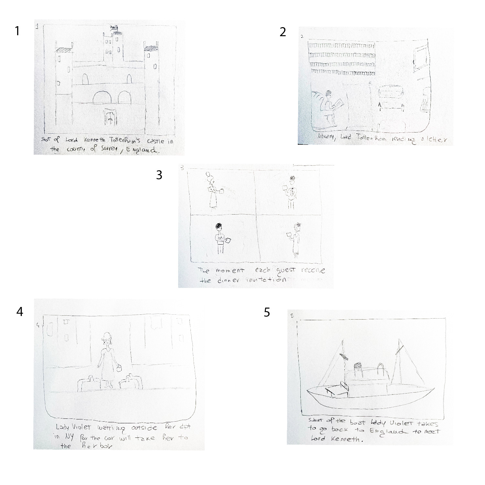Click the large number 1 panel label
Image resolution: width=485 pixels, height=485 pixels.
pos(17,31)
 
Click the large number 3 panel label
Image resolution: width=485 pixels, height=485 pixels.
pos(159,175)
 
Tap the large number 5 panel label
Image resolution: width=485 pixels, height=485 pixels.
pos(267,312)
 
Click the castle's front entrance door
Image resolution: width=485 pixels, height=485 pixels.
pos(110,117)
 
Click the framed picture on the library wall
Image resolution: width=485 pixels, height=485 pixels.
pos(421,58)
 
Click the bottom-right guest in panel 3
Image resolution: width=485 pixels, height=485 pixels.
pos(296,241)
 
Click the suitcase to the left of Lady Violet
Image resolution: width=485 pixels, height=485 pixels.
pos(89,384)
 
